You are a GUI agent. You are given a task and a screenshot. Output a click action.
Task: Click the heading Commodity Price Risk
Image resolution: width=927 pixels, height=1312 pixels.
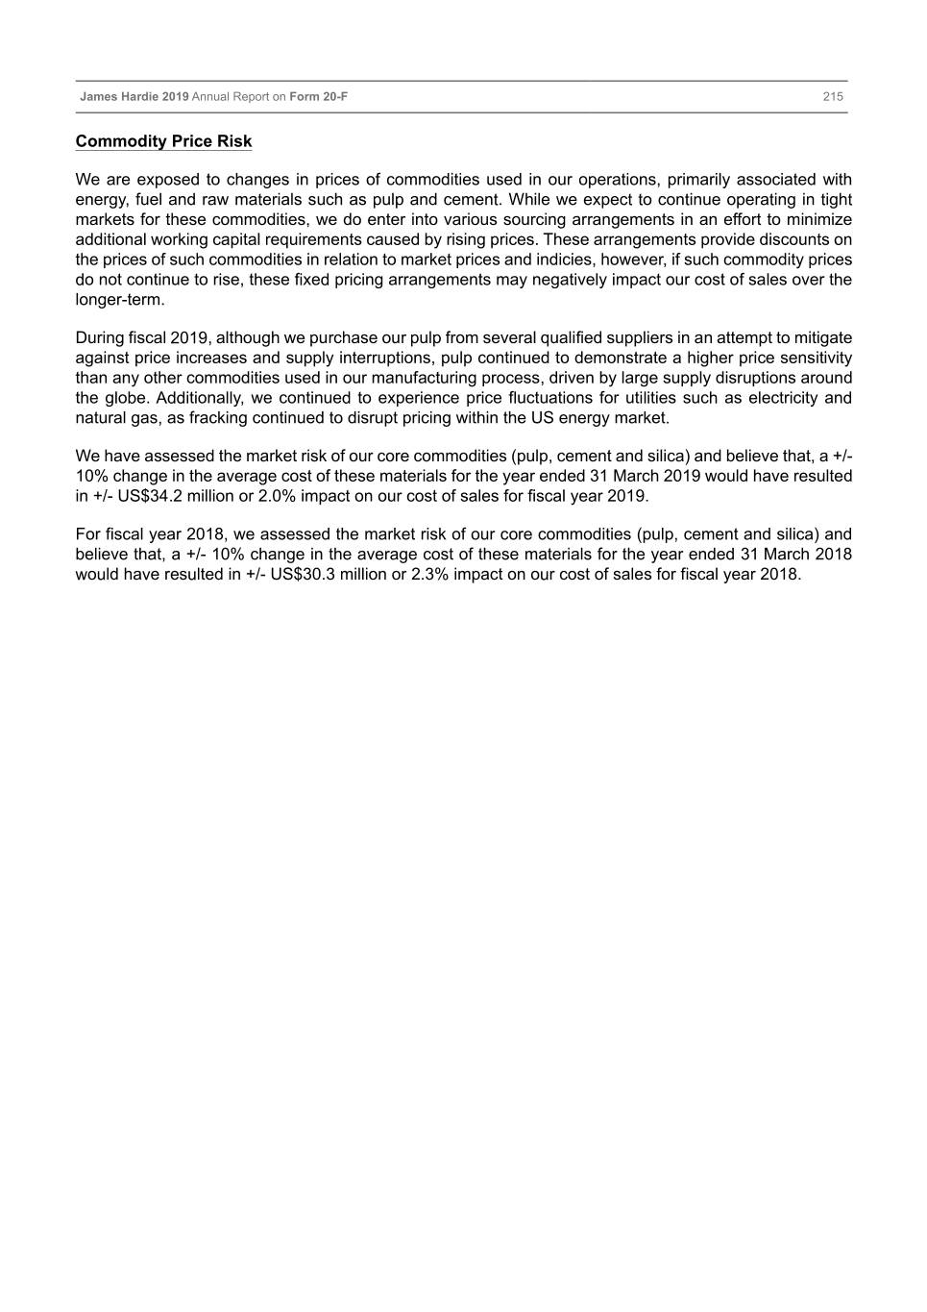[x=163, y=141]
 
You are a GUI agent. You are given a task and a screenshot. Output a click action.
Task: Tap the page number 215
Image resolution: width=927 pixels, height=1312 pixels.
[x=833, y=96]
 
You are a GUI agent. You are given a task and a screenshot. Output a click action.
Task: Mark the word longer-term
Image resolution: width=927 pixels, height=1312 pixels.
[x=120, y=299]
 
